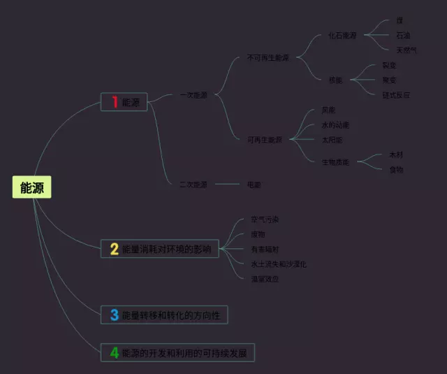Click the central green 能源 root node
click(31, 187)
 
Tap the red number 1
click(115, 102)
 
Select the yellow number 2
click(115, 248)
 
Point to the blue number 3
click(115, 315)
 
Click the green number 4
click(115, 353)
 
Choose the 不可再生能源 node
click(268, 58)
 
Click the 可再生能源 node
click(265, 140)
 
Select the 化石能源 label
click(342, 36)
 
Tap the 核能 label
click(336, 80)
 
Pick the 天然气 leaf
click(406, 50)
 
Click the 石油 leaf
click(403, 35)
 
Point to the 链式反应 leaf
click(395, 94)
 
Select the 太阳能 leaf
click(332, 140)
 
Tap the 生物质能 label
click(335, 162)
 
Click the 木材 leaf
click(396, 154)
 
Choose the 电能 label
click(254, 185)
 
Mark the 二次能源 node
click(193, 185)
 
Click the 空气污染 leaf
click(265, 220)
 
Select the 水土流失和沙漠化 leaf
click(279, 264)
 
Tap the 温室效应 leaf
click(265, 279)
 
